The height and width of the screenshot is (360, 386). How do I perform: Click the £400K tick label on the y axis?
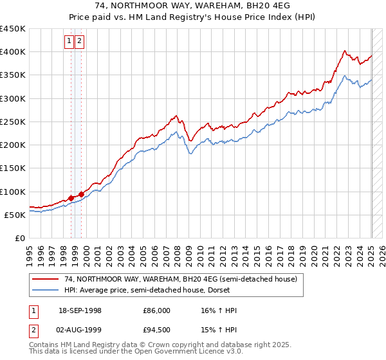[x=13, y=52]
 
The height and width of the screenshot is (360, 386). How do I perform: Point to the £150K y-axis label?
[x=13, y=168]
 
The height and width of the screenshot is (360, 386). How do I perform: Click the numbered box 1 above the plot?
[x=69, y=41]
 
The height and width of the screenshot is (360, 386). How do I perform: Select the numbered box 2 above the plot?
[x=79, y=41]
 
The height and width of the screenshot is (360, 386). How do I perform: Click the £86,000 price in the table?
[x=156, y=310]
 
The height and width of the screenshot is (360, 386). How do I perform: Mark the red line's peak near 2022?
[x=345, y=50]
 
